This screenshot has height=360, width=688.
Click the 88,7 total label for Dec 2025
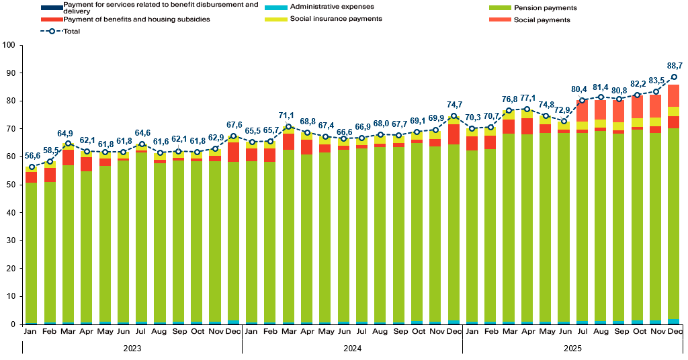click(x=675, y=66)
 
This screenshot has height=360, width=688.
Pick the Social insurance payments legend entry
click(x=336, y=19)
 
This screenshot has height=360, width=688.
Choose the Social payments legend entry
click(x=542, y=20)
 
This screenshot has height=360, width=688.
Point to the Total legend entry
click(x=71, y=31)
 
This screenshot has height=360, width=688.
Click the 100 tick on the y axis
click(x=9, y=46)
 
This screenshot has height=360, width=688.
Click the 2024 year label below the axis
click(x=352, y=349)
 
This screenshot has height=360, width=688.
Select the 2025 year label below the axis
click(x=572, y=349)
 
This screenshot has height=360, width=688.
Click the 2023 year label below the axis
click(x=132, y=349)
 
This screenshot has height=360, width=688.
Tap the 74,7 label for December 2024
click(x=455, y=105)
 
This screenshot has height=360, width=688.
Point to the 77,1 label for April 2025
click(x=527, y=98)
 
